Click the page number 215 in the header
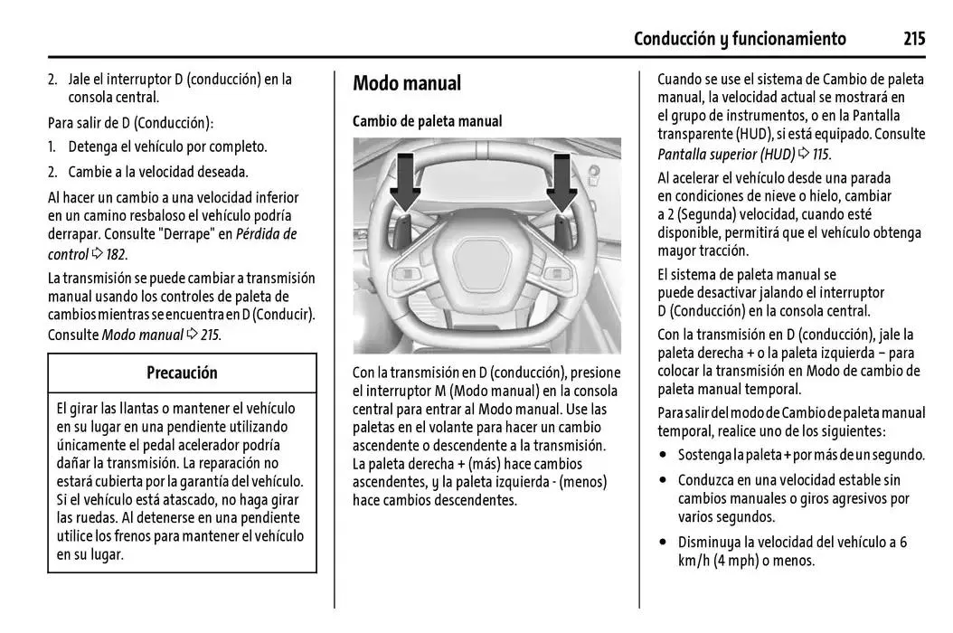point(913,38)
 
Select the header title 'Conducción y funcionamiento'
point(740,38)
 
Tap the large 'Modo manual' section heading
point(407,84)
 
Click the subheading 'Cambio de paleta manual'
point(427,121)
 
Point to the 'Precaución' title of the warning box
point(182,373)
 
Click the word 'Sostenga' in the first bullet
point(705,455)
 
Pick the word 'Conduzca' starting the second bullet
point(708,480)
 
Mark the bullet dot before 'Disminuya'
point(665,543)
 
